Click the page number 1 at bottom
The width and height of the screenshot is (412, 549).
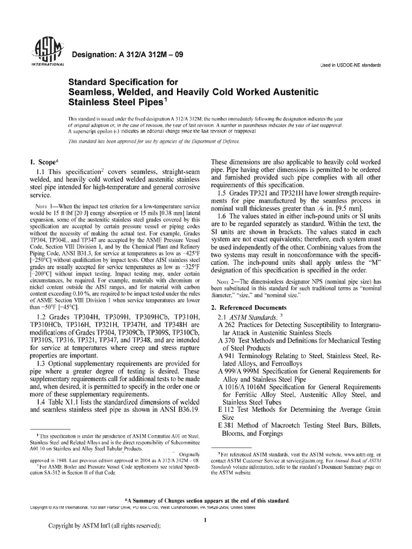coord(206,520)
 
